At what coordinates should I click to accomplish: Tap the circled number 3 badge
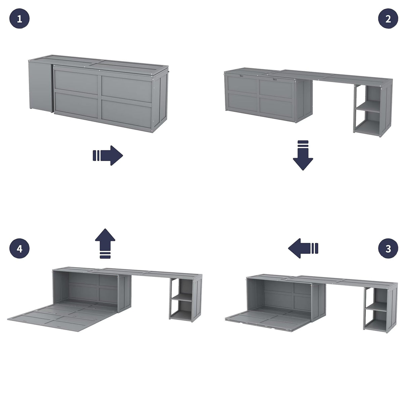(388, 249)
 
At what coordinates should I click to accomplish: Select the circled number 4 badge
(19, 249)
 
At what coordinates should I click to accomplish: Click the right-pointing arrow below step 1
(108, 156)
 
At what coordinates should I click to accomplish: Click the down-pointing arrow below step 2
(303, 156)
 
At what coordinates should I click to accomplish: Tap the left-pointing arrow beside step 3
(302, 249)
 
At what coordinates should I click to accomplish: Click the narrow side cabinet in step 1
(39, 86)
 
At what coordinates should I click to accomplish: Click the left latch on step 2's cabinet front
(242, 76)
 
